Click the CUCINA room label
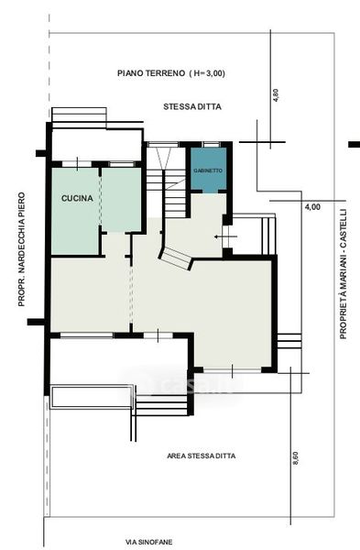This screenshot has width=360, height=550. click(78, 198)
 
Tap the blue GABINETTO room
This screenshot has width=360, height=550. click(208, 170)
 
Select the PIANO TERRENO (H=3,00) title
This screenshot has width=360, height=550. click(171, 73)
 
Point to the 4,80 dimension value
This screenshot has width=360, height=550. click(276, 95)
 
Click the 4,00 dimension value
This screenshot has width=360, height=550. click(312, 207)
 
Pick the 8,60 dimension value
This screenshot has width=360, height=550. click(295, 458)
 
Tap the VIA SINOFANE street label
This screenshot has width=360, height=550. click(149, 542)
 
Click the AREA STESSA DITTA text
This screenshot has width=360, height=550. click(202, 456)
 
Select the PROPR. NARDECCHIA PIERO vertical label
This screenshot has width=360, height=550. click(22, 249)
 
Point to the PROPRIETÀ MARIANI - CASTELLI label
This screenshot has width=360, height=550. click(343, 274)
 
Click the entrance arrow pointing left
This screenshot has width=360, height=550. click(225, 236)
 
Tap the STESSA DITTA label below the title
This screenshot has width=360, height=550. click(192, 106)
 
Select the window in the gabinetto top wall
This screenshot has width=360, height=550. click(211, 144)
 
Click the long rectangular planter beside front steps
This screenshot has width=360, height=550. click(92, 397)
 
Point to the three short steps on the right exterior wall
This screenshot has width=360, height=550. click(289, 341)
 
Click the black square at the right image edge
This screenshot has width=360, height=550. click(354, 144)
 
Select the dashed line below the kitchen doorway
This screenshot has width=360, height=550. click(131, 294)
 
